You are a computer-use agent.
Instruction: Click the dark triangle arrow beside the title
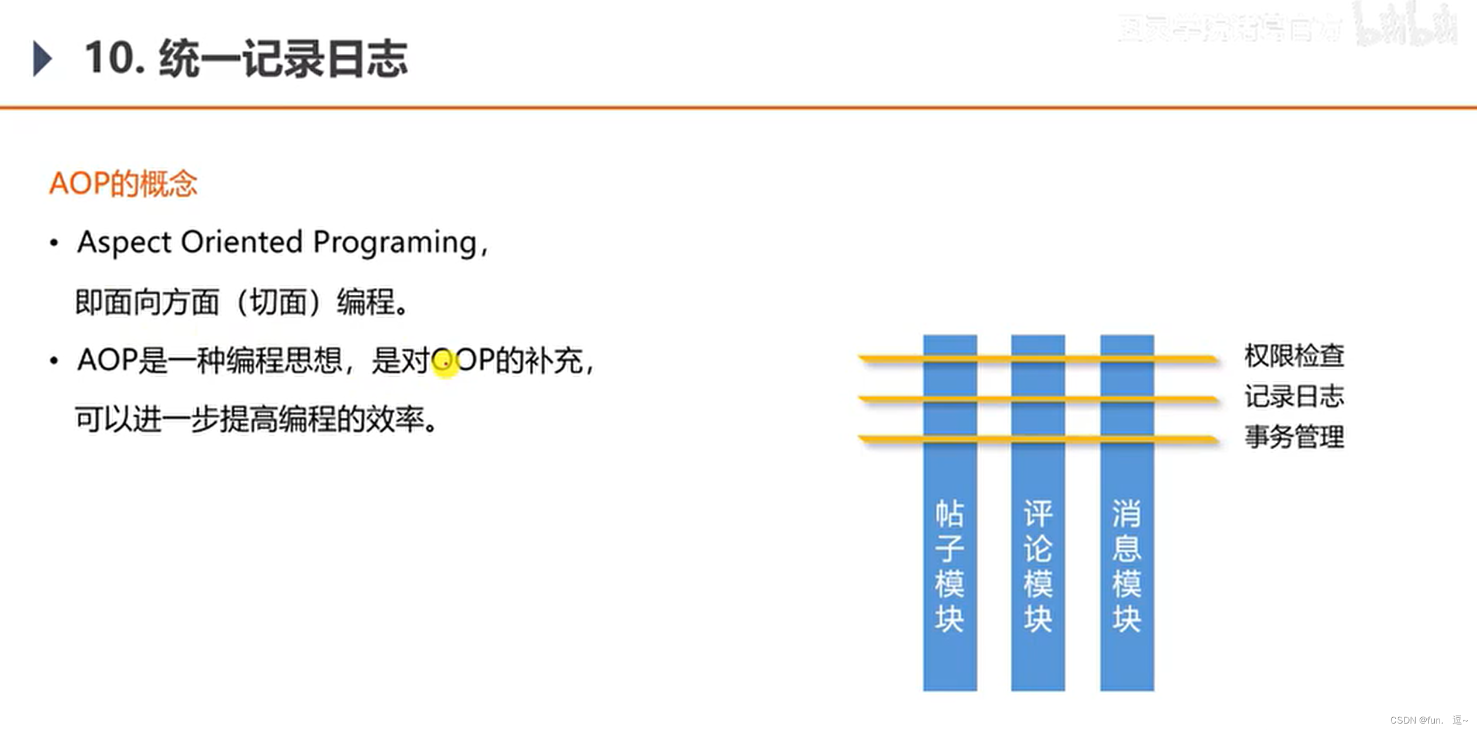click(42, 58)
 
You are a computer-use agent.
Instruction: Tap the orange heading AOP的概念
click(123, 184)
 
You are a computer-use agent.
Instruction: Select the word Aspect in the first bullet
click(124, 242)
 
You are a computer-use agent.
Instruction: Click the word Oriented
click(242, 242)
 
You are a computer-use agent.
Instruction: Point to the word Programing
click(395, 242)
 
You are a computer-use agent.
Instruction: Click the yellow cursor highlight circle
click(445, 363)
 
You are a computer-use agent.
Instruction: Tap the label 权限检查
click(1294, 356)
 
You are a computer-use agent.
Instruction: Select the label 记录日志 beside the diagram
click(1294, 397)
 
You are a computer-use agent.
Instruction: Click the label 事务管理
click(1294, 437)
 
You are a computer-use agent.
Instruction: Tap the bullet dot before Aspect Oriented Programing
click(54, 243)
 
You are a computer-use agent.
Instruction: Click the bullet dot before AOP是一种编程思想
click(54, 361)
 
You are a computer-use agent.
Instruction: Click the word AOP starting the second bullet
click(107, 360)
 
